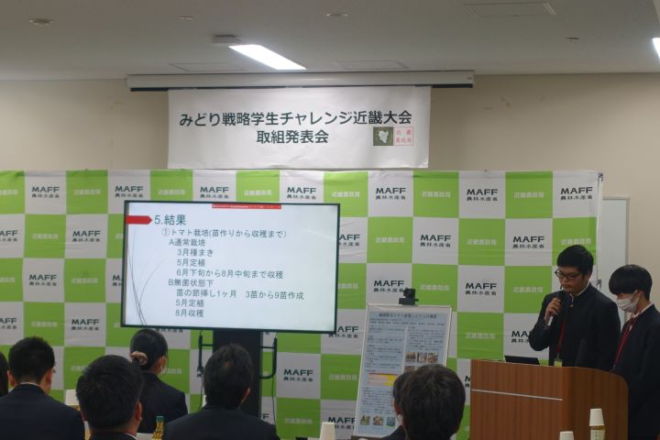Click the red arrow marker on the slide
138,220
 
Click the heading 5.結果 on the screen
170,220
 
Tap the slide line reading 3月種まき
195,249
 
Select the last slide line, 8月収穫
190,313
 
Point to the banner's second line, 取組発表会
292,137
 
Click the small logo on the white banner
383,136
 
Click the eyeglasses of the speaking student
568,273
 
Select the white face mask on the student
626,302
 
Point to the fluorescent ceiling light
267,56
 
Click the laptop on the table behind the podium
522,359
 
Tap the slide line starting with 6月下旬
230,274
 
